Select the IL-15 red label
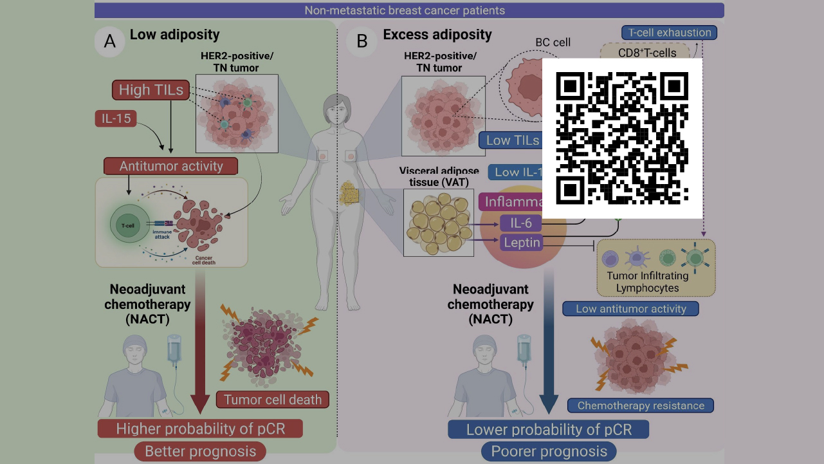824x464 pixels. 115,118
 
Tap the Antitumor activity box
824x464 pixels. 170,166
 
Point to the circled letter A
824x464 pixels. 110,41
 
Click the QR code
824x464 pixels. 622,138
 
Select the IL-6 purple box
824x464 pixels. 520,223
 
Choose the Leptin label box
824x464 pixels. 520,243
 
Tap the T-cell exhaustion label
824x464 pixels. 669,32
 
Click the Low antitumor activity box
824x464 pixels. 630,309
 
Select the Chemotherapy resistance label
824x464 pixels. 641,405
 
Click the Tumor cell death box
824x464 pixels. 273,399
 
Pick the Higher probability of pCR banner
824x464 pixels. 200,429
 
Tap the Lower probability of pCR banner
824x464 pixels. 549,429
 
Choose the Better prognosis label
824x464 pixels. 200,451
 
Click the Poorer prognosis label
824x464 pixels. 549,451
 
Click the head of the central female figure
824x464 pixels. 337,106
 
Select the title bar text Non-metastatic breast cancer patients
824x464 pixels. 409,10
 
